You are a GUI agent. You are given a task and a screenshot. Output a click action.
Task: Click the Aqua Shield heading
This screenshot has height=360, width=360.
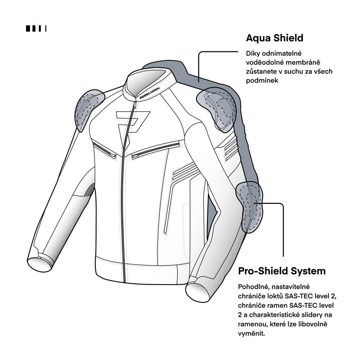[x=275, y=38]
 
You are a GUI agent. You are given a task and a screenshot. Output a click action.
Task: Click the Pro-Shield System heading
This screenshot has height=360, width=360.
[x=282, y=271]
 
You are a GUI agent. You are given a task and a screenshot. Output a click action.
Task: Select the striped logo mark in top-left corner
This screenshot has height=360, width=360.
[x=36, y=28]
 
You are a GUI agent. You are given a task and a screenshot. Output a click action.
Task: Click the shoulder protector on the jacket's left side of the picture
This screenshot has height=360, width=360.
[x=89, y=110]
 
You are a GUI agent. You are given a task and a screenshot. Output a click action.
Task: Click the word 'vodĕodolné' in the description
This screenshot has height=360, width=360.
[x=263, y=62]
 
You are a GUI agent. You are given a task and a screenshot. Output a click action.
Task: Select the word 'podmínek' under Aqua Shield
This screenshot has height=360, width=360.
[x=262, y=81]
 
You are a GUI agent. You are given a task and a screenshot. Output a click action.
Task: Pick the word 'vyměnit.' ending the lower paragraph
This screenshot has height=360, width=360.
[x=251, y=333]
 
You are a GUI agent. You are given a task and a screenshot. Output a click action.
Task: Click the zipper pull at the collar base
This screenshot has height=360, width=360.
[x=134, y=105]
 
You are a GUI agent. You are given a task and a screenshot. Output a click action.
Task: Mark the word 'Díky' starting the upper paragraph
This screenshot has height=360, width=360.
[x=253, y=54]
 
